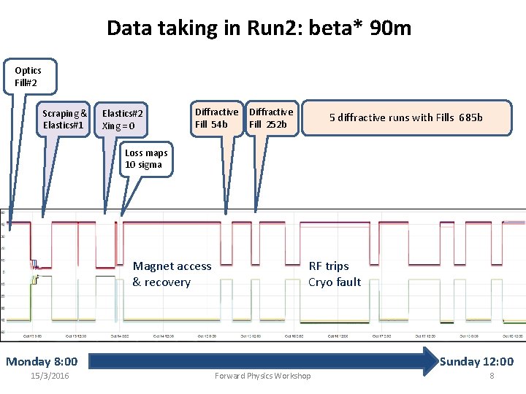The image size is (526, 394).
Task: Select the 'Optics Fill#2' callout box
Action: point(28,76)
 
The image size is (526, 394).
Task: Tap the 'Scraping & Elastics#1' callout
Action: point(65,119)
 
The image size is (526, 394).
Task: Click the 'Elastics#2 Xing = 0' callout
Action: point(123,120)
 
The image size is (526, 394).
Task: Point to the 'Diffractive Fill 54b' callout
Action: point(216,118)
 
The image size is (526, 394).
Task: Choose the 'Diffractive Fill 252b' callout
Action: point(271,118)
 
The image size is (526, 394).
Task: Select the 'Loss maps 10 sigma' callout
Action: point(146,159)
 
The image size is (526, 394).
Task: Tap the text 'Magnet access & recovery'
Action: point(172,274)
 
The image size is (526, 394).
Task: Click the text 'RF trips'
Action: point(329,266)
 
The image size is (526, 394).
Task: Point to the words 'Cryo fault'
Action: point(335,282)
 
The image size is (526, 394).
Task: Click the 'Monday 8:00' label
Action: point(42,361)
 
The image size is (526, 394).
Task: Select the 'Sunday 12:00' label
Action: point(476,361)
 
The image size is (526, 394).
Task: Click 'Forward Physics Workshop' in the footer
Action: point(262,376)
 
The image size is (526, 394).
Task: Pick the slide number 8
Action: point(492,376)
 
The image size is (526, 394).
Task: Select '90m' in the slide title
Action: point(392,28)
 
